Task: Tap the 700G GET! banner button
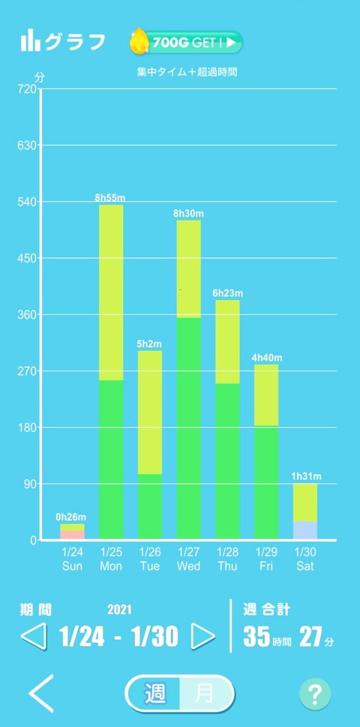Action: pos(186,43)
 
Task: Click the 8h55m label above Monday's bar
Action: pos(110,198)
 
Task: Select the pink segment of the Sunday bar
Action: pos(72,535)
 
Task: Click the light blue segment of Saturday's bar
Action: pos(304,530)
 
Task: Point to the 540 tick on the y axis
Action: pos(27,202)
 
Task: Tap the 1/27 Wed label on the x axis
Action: pos(188,559)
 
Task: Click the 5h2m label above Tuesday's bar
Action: pos(149,344)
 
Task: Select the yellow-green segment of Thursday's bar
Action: pos(227,341)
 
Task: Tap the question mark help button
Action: pos(315,694)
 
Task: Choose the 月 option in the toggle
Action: pos(205,694)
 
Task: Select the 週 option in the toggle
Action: pos(155,694)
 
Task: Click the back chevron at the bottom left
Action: pos(41,693)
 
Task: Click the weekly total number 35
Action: pos(256,636)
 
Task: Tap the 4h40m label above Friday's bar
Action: pos(267,358)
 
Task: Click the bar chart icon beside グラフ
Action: pos(31,41)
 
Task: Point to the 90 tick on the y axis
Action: pos(30,484)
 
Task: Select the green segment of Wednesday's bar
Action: pos(188,428)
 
